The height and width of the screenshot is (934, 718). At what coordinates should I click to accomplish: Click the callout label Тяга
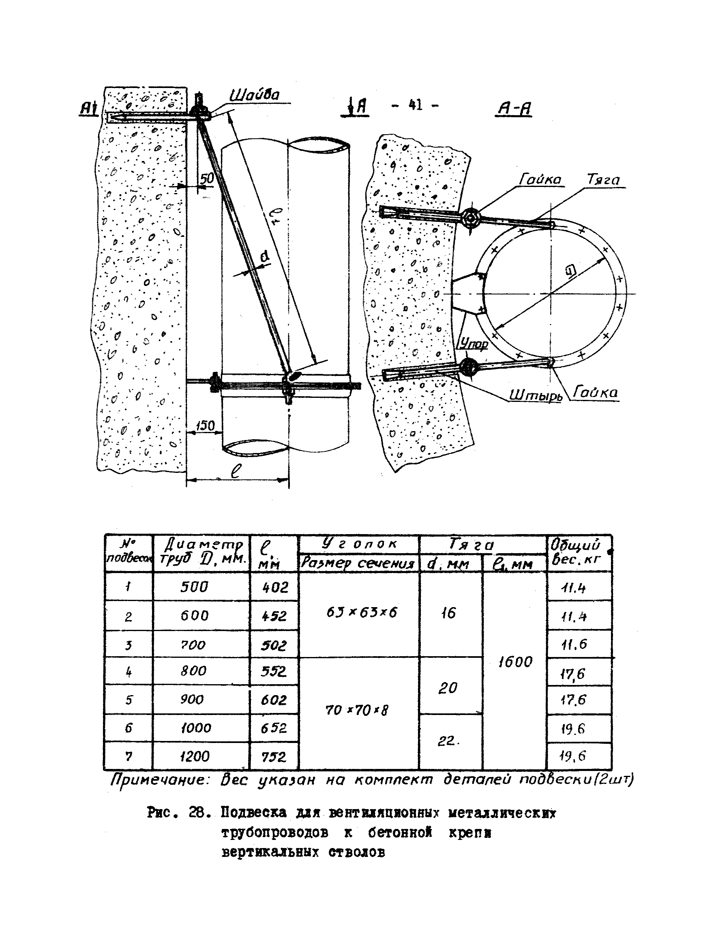pyautogui.click(x=603, y=180)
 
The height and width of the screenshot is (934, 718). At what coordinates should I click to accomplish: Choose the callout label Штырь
pyautogui.click(x=536, y=395)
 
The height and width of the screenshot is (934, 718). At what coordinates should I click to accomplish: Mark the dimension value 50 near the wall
pyautogui.click(x=207, y=178)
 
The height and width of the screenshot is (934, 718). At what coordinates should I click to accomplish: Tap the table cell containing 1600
pyautogui.click(x=515, y=662)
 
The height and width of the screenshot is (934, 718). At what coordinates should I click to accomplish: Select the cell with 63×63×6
pyautogui.click(x=362, y=612)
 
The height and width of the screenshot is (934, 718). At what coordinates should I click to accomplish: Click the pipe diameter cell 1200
pyautogui.click(x=195, y=756)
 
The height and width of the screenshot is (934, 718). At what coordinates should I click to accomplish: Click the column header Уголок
pyautogui.click(x=360, y=544)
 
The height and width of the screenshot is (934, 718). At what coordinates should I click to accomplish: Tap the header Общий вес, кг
pyautogui.click(x=576, y=552)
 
